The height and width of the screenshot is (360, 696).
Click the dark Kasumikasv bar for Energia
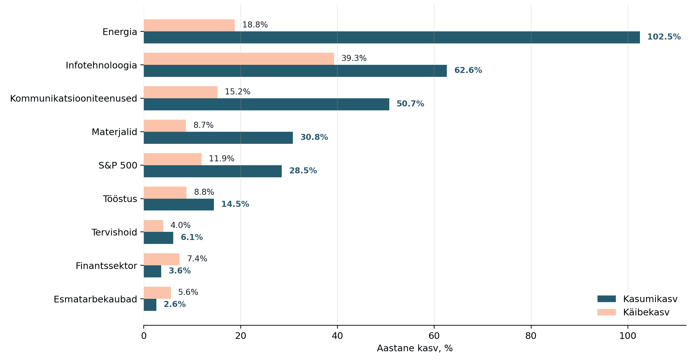pyautogui.click(x=392, y=37)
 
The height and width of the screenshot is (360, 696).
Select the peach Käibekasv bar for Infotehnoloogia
pyautogui.click(x=239, y=59)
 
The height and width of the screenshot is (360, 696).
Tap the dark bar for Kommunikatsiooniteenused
pyautogui.click(x=266, y=104)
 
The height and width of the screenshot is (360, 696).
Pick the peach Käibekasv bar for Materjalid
pyautogui.click(x=165, y=126)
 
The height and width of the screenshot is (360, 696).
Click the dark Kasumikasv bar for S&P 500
pyautogui.click(x=213, y=171)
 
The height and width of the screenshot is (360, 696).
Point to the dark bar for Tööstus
pyautogui.click(x=179, y=204)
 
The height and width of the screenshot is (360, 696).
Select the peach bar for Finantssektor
pyautogui.click(x=161, y=259)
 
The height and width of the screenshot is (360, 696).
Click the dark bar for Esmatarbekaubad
pyautogui.click(x=150, y=305)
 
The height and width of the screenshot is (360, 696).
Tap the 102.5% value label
pyautogui.click(x=664, y=37)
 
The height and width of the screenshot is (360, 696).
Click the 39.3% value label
pyautogui.click(x=354, y=58)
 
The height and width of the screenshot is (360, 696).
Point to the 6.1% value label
pyautogui.click(x=192, y=237)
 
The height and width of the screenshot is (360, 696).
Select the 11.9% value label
pyautogui.click(x=221, y=159)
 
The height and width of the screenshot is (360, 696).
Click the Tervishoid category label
pyautogui.click(x=114, y=232)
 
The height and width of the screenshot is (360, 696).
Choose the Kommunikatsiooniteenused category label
pyautogui.click(x=74, y=99)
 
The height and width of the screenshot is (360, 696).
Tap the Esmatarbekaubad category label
pyautogui.click(x=95, y=299)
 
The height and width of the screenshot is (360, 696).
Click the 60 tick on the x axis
pyautogui.click(x=434, y=336)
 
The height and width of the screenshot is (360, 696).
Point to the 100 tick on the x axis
pyautogui.click(x=628, y=336)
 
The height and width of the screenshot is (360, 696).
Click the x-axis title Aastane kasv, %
pyautogui.click(x=415, y=349)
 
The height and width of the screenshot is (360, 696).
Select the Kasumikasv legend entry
pyautogui.click(x=637, y=299)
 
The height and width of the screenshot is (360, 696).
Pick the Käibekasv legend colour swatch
pyautogui.click(x=607, y=312)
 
